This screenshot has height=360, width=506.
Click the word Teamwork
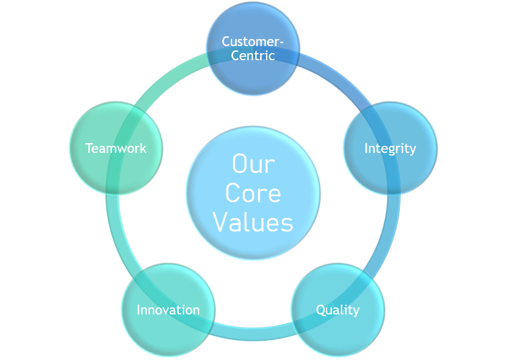point(115,148)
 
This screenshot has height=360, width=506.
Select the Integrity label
point(390,148)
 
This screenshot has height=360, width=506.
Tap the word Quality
point(338,310)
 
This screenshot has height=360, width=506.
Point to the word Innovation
point(168,310)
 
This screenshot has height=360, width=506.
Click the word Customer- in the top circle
point(253,41)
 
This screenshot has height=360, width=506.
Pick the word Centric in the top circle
point(253,55)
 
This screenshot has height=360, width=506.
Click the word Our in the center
point(253,164)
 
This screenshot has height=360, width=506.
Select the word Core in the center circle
point(253,194)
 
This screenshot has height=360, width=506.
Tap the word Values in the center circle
point(253,222)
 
